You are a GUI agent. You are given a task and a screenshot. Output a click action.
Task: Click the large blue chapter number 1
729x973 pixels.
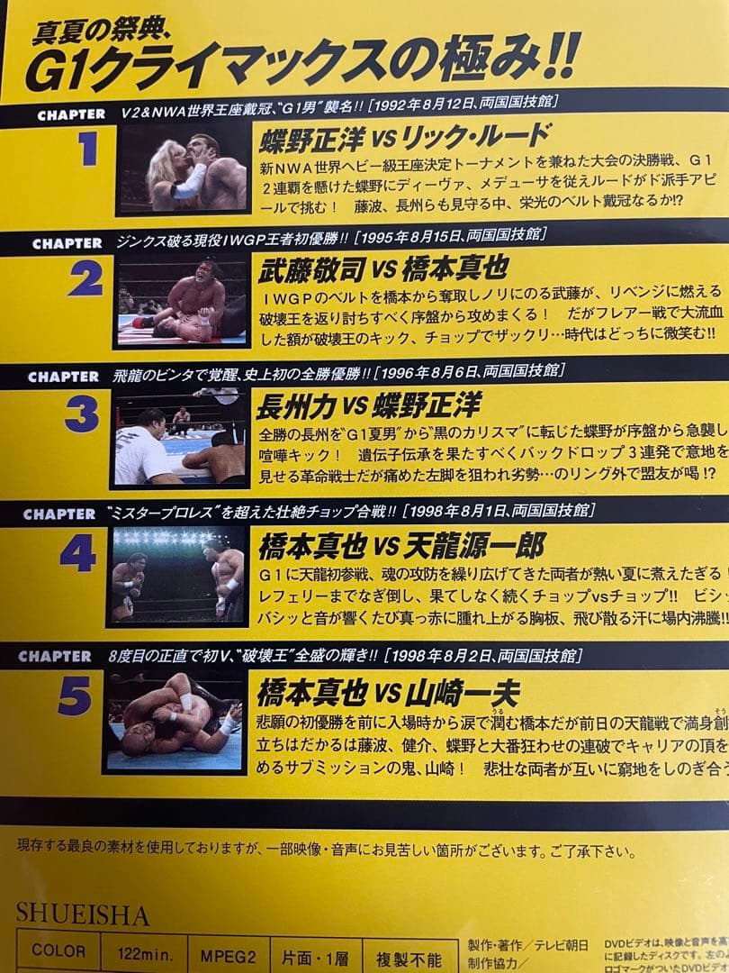[87, 150]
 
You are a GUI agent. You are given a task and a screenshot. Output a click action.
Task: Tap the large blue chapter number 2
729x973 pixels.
[85, 281]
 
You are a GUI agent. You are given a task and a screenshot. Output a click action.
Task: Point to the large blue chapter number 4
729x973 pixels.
[78, 551]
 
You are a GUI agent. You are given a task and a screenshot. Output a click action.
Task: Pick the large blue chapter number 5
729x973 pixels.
[75, 696]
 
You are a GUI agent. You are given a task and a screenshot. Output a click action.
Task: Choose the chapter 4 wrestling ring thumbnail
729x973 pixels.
[176, 575]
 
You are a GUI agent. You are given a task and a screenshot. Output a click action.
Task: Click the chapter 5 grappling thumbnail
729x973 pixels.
[174, 721]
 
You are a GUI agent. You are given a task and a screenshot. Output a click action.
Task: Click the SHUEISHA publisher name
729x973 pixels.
[82, 914]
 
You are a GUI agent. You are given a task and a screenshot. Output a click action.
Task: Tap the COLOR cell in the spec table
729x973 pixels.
[58, 951]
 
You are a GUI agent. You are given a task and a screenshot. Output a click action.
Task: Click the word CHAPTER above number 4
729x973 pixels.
[59, 514]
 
